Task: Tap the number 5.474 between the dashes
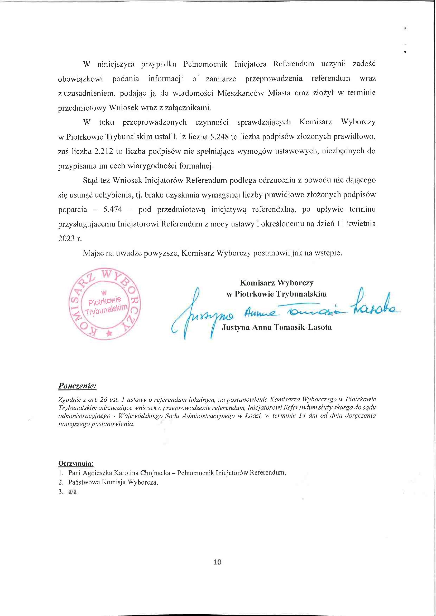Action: coord(113,209)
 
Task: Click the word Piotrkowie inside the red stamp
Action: coord(105,301)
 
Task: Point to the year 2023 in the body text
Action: coord(66,239)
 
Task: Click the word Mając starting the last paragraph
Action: coord(93,253)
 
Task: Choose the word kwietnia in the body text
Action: coord(361,224)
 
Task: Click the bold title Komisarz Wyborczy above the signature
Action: coord(277,283)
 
